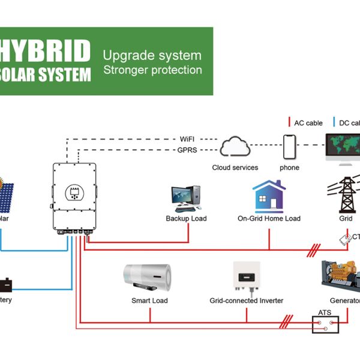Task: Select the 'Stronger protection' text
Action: [x=152, y=70]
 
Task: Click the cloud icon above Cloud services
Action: [x=235, y=147]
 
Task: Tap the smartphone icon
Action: [x=290, y=146]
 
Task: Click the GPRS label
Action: [x=188, y=150]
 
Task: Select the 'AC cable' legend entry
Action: [x=307, y=123]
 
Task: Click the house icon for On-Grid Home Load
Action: [x=268, y=196]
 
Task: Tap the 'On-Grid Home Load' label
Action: [x=269, y=218]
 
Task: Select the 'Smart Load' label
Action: [x=149, y=300]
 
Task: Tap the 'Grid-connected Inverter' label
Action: [x=246, y=300]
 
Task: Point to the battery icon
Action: [x=7, y=283]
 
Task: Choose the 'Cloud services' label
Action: [x=235, y=167]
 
